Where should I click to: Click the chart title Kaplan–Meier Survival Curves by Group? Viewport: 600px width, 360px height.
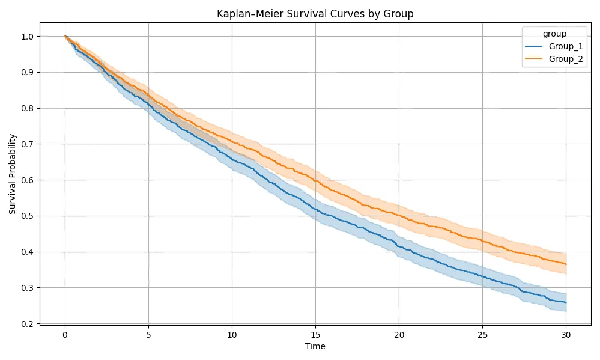click(x=315, y=14)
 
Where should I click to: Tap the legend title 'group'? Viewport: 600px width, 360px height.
click(x=553, y=34)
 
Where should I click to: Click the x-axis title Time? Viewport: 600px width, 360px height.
click(x=315, y=347)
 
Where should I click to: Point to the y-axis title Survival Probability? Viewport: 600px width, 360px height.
click(x=13, y=174)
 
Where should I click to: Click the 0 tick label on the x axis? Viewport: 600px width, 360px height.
click(x=65, y=335)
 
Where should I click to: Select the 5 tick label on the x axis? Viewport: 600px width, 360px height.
click(x=148, y=335)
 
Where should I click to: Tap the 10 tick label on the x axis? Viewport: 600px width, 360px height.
click(x=232, y=335)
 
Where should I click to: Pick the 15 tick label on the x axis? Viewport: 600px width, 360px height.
click(x=315, y=335)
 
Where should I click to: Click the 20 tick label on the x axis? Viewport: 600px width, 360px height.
click(x=399, y=335)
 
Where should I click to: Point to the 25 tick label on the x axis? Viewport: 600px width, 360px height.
click(x=482, y=335)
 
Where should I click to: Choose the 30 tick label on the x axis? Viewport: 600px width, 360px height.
click(x=566, y=335)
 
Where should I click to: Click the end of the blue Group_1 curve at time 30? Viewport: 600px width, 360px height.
click(x=566, y=302)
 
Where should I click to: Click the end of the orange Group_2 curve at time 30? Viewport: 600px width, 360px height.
click(x=566, y=264)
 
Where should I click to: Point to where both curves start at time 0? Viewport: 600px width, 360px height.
click(x=65, y=37)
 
